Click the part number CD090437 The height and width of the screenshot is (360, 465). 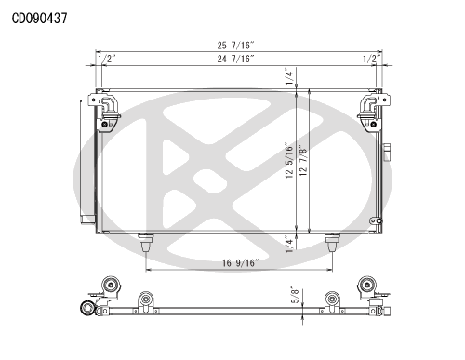pyautogui.click(x=39, y=19)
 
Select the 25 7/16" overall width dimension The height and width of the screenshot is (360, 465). pyautogui.click(x=235, y=46)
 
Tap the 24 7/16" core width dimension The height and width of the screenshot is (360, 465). pyautogui.click(x=235, y=59)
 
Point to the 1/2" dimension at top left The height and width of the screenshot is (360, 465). pyautogui.click(x=107, y=59)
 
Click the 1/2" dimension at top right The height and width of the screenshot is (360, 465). pyautogui.click(x=372, y=59)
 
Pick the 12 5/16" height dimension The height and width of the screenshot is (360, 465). pyautogui.click(x=289, y=160)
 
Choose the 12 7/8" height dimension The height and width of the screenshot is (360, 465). pyautogui.click(x=303, y=160)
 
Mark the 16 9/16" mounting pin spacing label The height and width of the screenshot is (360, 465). pyautogui.click(x=240, y=263)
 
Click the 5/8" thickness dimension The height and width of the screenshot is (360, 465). pyautogui.click(x=296, y=294)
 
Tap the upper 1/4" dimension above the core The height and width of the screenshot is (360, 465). pyautogui.click(x=289, y=76)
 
